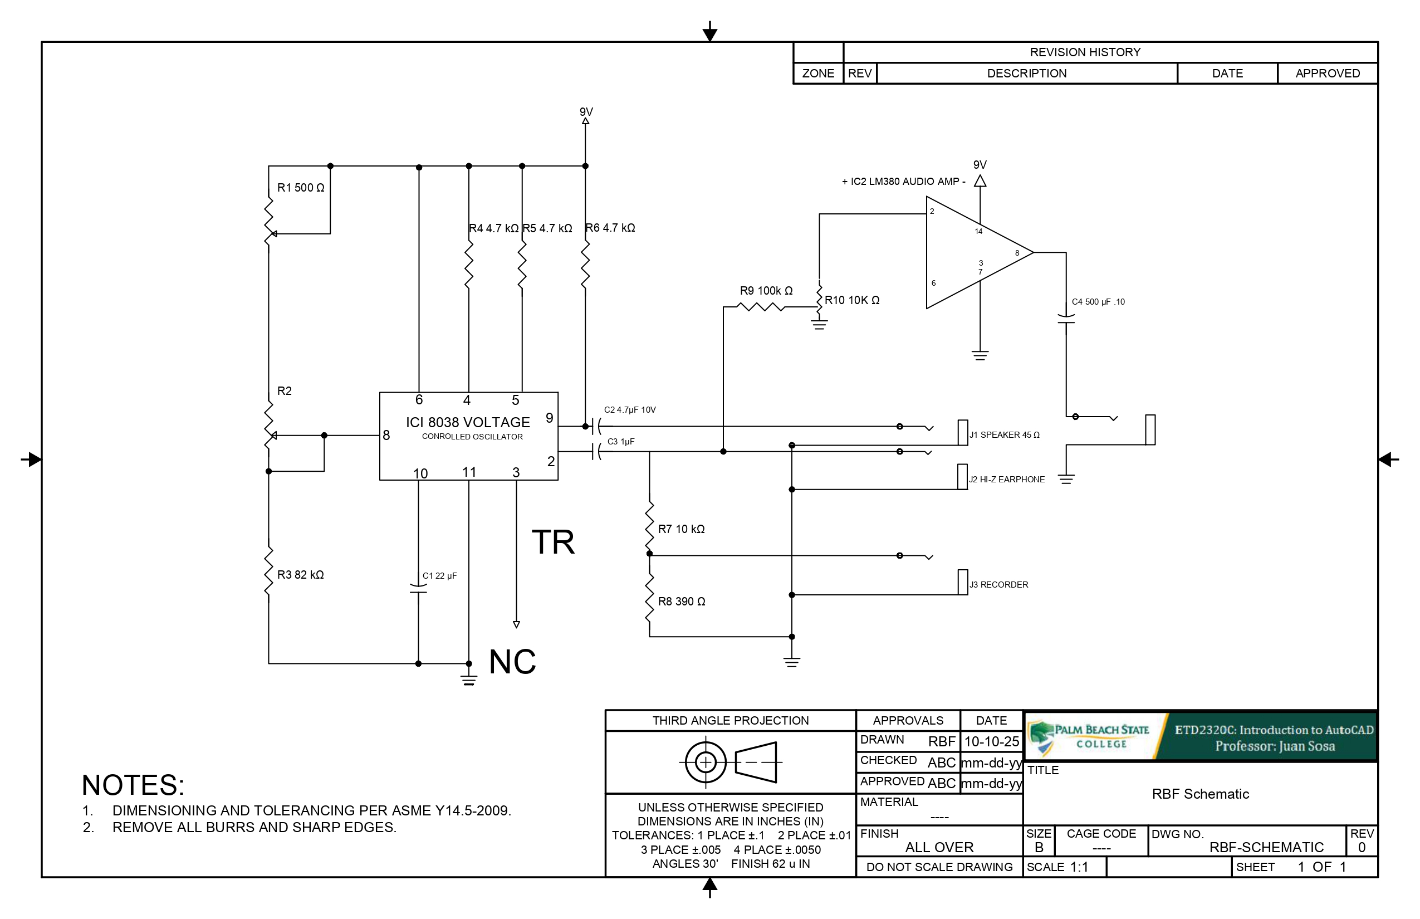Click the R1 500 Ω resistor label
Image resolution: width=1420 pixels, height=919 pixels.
(x=301, y=188)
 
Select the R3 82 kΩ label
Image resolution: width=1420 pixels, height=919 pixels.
(x=300, y=575)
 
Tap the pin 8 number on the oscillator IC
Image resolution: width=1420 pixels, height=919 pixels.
(x=386, y=436)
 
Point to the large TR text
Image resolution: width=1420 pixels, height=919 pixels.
(x=553, y=542)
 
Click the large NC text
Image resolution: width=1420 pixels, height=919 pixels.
(x=512, y=662)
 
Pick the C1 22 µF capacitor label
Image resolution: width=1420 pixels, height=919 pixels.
(x=440, y=576)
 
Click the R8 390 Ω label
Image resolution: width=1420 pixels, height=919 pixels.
(x=682, y=602)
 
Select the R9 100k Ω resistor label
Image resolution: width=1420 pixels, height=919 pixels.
(x=766, y=291)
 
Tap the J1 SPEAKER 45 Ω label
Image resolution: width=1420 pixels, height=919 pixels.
(x=1004, y=435)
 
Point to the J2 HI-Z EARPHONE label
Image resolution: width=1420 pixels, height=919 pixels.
(x=1007, y=479)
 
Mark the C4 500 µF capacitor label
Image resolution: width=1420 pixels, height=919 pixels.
(x=1098, y=302)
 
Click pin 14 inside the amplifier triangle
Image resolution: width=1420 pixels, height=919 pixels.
(x=978, y=232)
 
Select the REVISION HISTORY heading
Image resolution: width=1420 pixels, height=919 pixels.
(x=1085, y=52)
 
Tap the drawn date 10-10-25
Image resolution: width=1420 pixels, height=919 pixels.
(x=992, y=741)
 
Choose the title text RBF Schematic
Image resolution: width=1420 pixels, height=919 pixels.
(x=1200, y=794)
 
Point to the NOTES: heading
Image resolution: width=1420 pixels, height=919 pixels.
(x=133, y=785)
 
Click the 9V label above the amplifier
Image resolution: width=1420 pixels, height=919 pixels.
(x=980, y=165)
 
